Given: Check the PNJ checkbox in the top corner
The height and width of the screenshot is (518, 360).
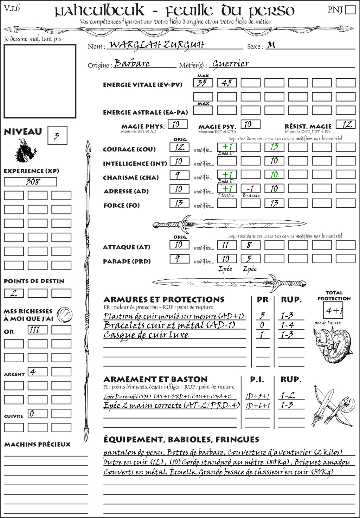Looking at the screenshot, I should pyautogui.click(x=351, y=9).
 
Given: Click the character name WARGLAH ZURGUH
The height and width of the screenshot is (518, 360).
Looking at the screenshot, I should pyautogui.click(x=156, y=45).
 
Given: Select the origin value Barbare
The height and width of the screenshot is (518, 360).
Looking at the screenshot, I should pyautogui.click(x=132, y=63).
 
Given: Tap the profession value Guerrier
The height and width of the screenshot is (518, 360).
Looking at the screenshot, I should pyautogui.click(x=231, y=64).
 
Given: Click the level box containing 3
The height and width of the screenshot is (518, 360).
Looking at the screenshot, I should pyautogui.click(x=57, y=136).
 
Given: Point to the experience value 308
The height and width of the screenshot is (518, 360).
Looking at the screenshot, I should pyautogui.click(x=31, y=182).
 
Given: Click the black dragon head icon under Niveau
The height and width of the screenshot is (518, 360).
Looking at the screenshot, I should pyautogui.click(x=25, y=151).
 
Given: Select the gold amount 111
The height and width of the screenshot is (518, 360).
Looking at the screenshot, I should pyautogui.click(x=37, y=330).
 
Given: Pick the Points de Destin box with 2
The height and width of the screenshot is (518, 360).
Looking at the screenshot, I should pyautogui.click(x=14, y=293).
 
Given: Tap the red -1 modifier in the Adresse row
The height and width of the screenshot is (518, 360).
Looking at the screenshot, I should pyautogui.click(x=250, y=189).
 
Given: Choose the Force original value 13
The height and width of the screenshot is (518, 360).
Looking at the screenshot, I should pyautogui.click(x=179, y=203).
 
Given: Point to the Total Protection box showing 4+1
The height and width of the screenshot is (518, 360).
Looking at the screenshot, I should pyautogui.click(x=333, y=310).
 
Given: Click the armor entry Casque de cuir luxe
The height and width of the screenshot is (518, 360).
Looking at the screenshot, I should pyautogui.click(x=146, y=335).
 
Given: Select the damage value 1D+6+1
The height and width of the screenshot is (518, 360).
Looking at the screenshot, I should pyautogui.click(x=257, y=406).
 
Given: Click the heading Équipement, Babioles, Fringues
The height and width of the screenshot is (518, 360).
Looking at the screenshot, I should pyautogui.click(x=181, y=440).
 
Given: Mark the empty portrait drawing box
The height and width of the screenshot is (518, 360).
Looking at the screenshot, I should pyautogui.click(x=40, y=81).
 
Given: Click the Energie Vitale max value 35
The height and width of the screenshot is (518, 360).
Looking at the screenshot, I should pyautogui.click(x=203, y=83).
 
